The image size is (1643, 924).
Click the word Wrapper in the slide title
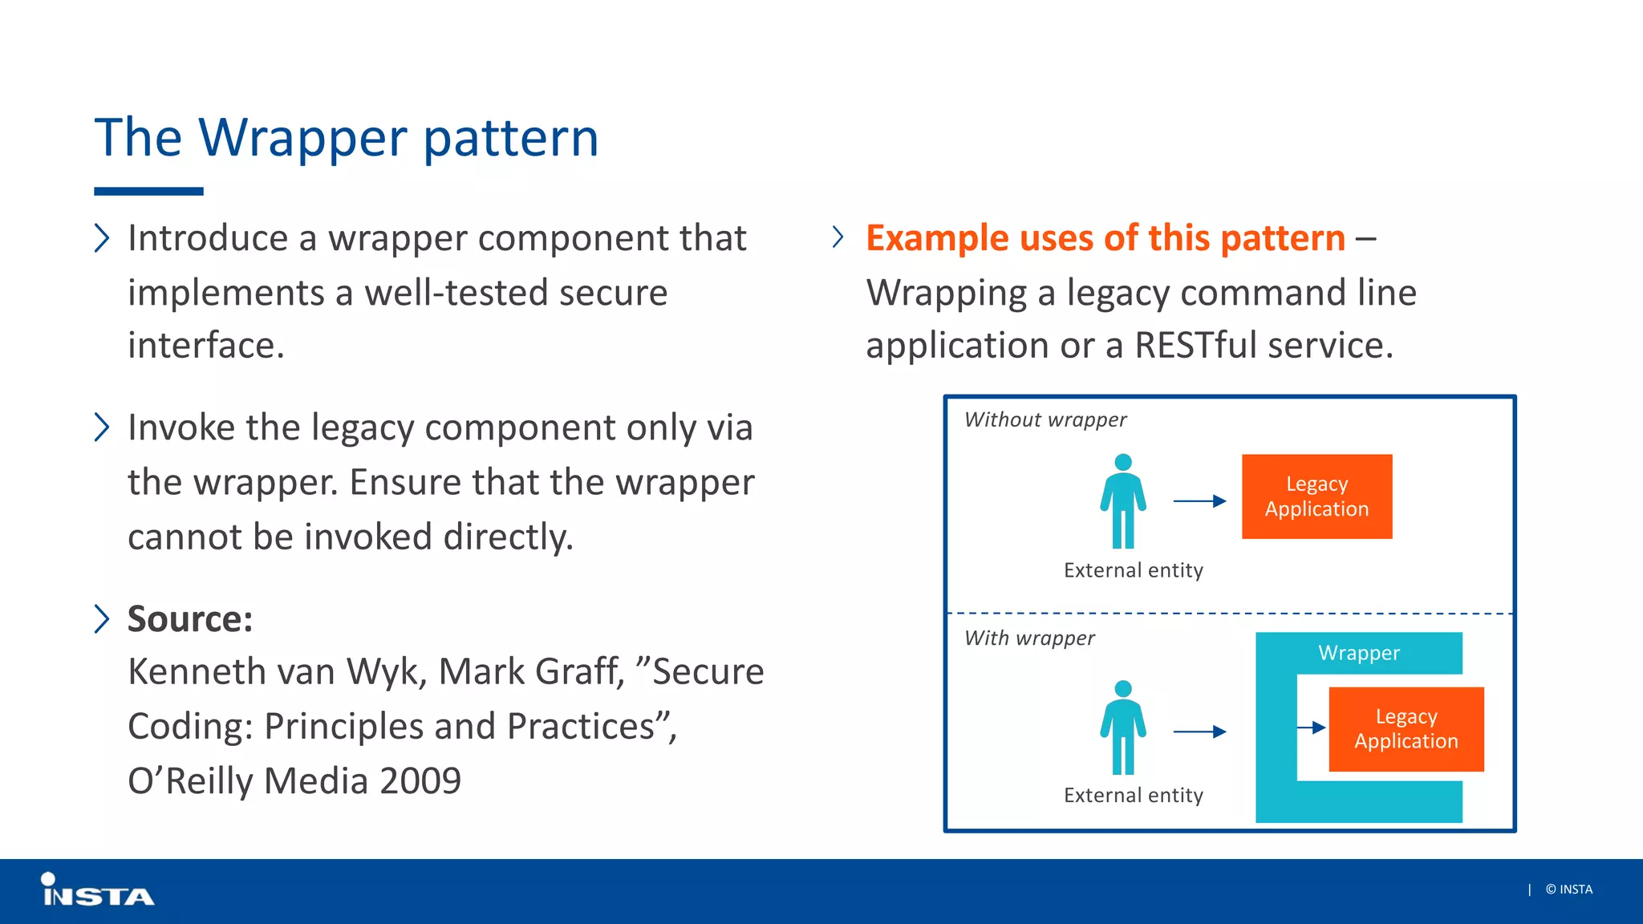pyautogui.click(x=303, y=138)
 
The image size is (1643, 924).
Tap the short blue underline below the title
pyautogui.click(x=148, y=192)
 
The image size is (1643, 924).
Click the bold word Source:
pyautogui.click(x=190, y=619)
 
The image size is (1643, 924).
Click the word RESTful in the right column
pyautogui.click(x=1195, y=346)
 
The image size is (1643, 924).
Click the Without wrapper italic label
pyautogui.click(x=1045, y=419)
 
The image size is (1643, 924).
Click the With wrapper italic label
pyautogui.click(x=1029, y=638)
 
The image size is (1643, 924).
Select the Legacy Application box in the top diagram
pyautogui.click(x=1316, y=496)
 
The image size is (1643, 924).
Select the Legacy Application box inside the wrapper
pyautogui.click(x=1406, y=729)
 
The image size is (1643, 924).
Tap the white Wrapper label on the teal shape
pyautogui.click(x=1359, y=653)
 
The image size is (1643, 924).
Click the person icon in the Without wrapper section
pyautogui.click(x=1123, y=501)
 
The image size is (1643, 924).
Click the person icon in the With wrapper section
pyautogui.click(x=1123, y=727)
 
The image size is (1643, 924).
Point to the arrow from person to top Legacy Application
pyautogui.click(x=1199, y=501)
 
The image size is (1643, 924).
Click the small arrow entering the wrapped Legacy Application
pyautogui.click(x=1312, y=727)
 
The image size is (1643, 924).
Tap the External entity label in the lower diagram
pyautogui.click(x=1133, y=795)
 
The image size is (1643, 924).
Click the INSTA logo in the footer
pyautogui.click(x=97, y=891)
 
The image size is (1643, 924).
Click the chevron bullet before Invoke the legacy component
pyautogui.click(x=101, y=428)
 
